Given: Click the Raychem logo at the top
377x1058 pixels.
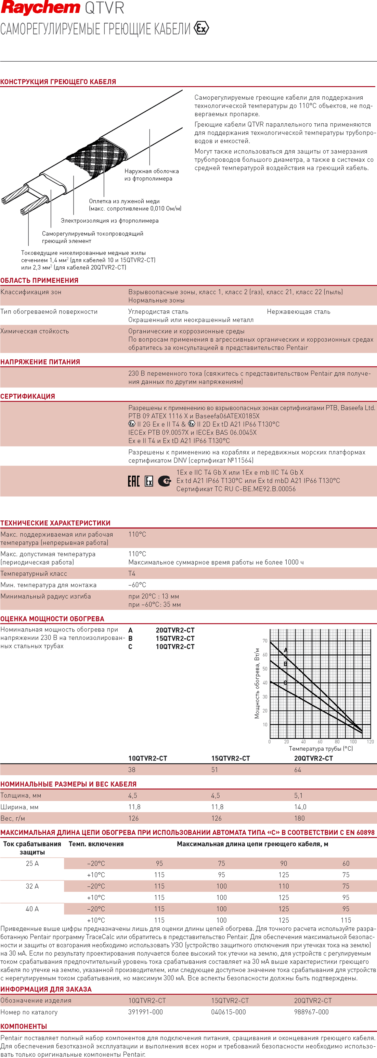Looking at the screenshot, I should pyautogui.click(x=40, y=8).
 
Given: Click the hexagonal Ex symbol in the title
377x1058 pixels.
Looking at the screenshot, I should pyautogui.click(x=201, y=28).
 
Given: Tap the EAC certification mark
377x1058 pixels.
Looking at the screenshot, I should pyautogui.click(x=134, y=481).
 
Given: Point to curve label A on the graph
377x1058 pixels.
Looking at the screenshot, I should pyautogui.click(x=286, y=650).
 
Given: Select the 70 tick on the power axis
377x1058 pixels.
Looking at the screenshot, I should pyautogui.click(x=264, y=641).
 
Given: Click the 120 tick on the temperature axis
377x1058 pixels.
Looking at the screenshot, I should pyautogui.click(x=370, y=742).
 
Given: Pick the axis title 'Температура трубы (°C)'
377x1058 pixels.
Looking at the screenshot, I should pyautogui.click(x=321, y=749).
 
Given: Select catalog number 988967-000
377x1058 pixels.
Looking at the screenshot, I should pyautogui.click(x=311, y=1012).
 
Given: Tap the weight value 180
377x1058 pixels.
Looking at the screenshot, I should pyautogui.click(x=299, y=818).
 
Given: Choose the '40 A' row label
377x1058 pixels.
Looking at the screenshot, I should pyautogui.click(x=32, y=909).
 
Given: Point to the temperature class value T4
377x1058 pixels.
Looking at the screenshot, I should pyautogui.click(x=132, y=573).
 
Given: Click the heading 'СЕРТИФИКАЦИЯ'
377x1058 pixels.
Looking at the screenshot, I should pyautogui.click(x=27, y=396).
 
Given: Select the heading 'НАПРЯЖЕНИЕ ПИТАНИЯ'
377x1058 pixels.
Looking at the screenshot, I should pyautogui.click(x=40, y=362).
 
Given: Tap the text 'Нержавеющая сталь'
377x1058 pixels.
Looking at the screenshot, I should pyautogui.click(x=298, y=312).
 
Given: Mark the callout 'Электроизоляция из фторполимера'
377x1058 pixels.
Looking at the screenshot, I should pyautogui.click(x=109, y=221).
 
